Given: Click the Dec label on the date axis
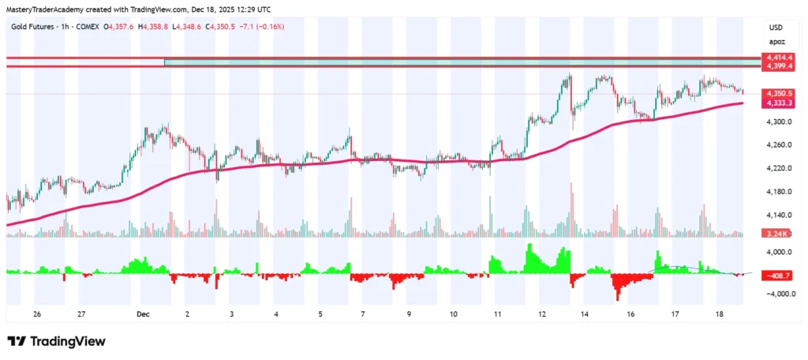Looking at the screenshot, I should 143,313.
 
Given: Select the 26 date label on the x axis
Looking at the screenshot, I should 37,313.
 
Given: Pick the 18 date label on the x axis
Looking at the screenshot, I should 719,313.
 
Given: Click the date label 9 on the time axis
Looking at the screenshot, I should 409,313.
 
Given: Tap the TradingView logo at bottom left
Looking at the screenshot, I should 55,341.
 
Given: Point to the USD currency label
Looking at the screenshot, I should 776,28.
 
